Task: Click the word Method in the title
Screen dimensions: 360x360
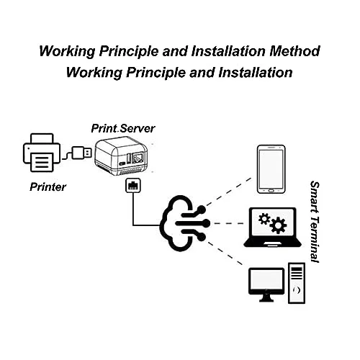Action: pos(294,51)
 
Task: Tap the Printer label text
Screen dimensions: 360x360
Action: pos(48,187)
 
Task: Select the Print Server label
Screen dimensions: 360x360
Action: pos(123,128)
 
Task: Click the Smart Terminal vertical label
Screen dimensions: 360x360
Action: pos(315,222)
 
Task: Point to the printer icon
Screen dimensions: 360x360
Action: pos(42,153)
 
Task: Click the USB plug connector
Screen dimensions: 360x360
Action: pos(81,153)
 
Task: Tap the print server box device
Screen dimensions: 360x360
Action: pos(121,156)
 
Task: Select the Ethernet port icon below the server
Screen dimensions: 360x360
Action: pos(133,185)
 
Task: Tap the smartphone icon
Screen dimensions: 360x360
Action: pos(271,169)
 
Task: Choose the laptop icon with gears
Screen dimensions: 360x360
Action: pos(272,227)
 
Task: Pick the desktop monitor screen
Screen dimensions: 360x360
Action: pos(266,281)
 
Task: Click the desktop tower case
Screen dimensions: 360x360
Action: pos(297,283)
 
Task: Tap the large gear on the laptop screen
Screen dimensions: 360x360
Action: pos(278,225)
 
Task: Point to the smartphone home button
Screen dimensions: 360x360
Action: pos(271,191)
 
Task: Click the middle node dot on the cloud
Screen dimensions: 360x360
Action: pos(206,223)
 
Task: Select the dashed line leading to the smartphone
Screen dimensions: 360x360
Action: pos(229,192)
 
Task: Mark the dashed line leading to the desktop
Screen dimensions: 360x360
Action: pos(225,253)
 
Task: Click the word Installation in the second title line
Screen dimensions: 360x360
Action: pos(256,73)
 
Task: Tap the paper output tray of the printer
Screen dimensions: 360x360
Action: pos(42,163)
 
